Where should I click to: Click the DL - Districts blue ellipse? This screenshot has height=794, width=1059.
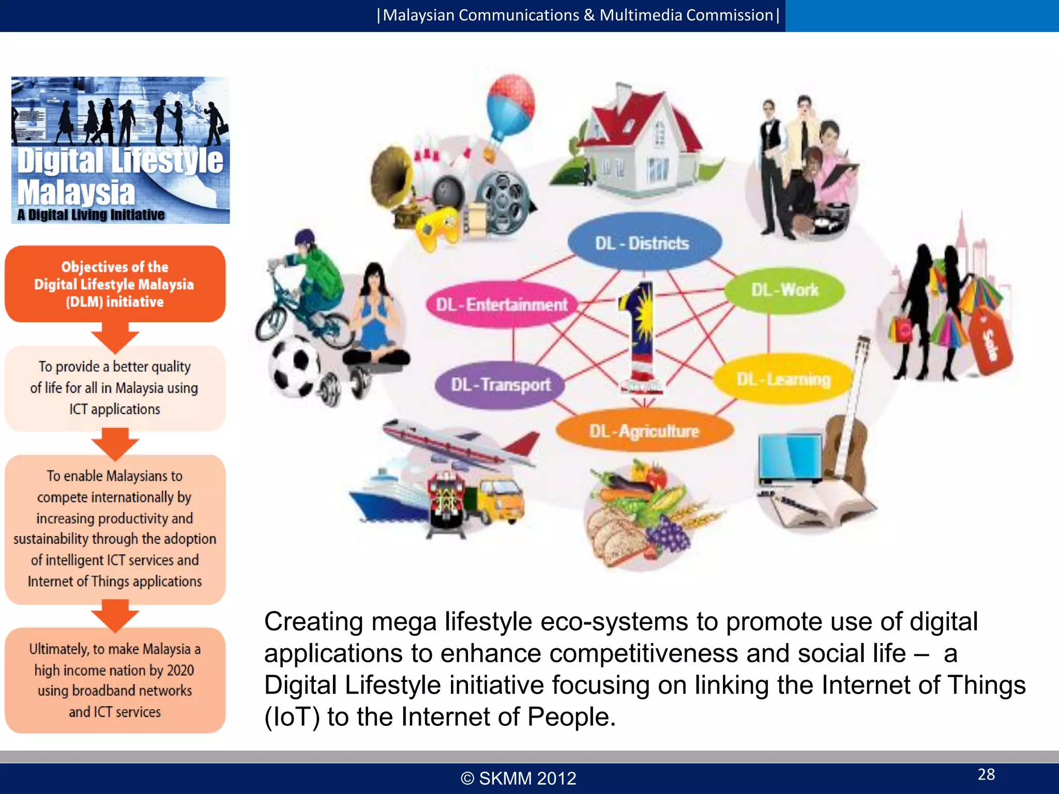point(644,242)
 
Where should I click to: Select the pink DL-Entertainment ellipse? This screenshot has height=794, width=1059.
point(502,304)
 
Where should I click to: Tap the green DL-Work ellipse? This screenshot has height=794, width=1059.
point(784,290)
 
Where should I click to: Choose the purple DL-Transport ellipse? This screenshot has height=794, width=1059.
point(500,385)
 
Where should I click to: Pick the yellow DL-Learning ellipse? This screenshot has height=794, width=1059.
point(783,379)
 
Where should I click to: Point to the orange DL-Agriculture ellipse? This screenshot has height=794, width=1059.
point(644,431)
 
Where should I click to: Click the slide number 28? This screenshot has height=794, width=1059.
point(986,774)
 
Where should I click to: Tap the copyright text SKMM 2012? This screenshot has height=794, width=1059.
point(519,778)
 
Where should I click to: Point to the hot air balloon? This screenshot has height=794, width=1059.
point(510,109)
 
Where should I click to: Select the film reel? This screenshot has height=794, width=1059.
point(502,199)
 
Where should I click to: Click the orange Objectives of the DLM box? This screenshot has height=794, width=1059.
point(115,284)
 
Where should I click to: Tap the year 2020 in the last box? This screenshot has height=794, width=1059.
point(180,670)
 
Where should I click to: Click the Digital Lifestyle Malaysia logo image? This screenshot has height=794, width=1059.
point(120,150)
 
